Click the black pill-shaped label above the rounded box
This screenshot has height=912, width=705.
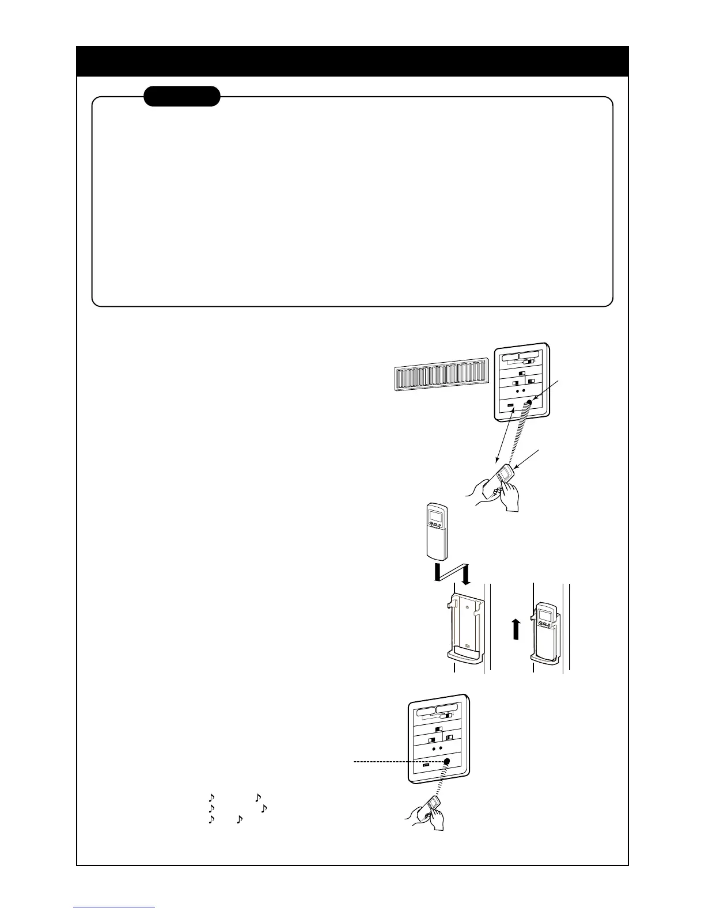[x=181, y=96]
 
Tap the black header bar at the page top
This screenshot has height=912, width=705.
[x=352, y=61]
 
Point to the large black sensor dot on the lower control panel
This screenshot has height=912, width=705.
[x=446, y=761]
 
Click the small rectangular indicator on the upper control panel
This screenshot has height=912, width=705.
[x=510, y=407]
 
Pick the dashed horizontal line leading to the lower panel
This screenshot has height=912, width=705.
[x=397, y=761]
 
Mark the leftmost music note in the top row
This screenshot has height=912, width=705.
[x=211, y=798]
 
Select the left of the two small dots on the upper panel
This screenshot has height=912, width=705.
[x=516, y=390]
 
